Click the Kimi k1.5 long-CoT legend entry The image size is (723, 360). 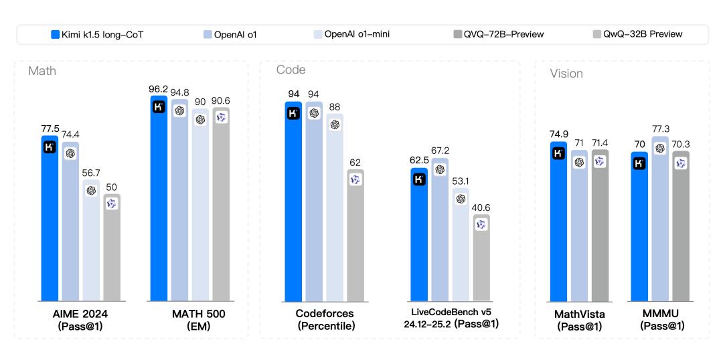pyautogui.click(x=96, y=34)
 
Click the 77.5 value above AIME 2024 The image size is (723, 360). pyautogui.click(x=50, y=128)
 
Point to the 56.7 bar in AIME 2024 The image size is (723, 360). pyautogui.click(x=91, y=241)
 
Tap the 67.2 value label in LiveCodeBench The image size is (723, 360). pyautogui.click(x=440, y=151)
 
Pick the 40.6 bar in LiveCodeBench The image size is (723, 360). pyautogui.click(x=481, y=258)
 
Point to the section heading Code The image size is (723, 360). pyautogui.click(x=292, y=70)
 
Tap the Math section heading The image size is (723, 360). pyautogui.click(x=42, y=70)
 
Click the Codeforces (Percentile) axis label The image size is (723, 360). pyautogui.click(x=325, y=319)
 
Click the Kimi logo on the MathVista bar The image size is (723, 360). pyautogui.click(x=558, y=153)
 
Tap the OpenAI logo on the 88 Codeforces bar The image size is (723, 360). pyautogui.click(x=335, y=124)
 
